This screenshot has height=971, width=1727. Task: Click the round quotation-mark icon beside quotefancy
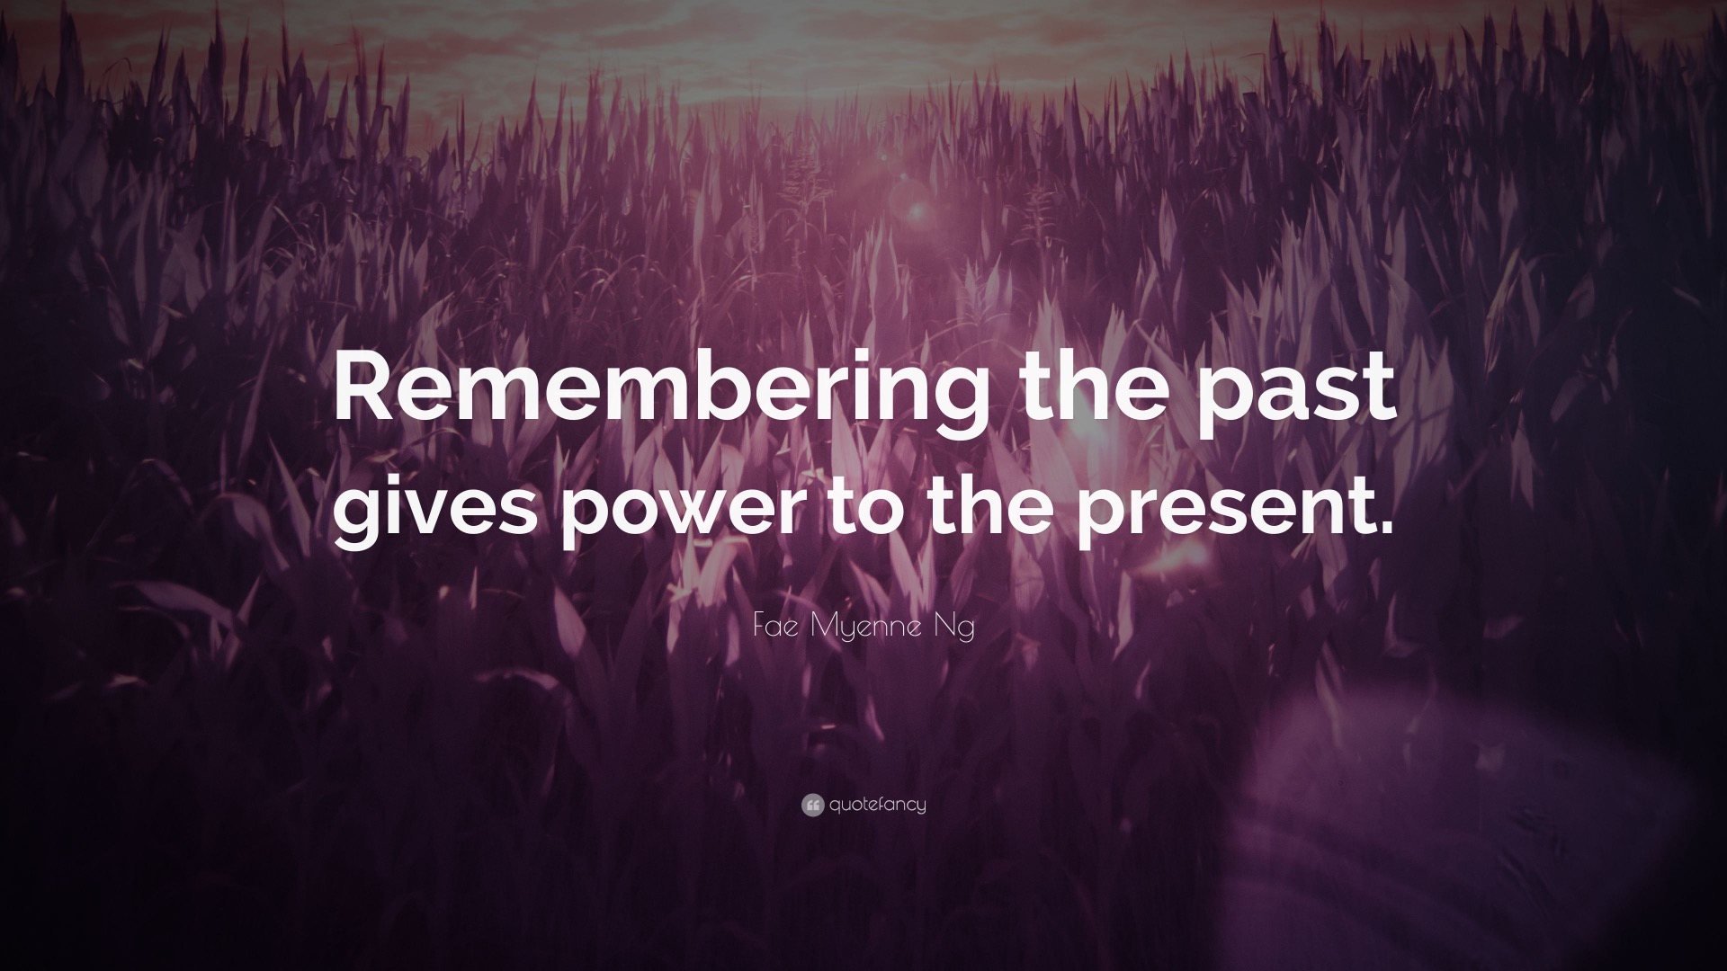click(x=812, y=806)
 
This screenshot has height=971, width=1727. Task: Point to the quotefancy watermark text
click(x=877, y=806)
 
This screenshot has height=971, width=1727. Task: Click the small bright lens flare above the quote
click(x=917, y=212)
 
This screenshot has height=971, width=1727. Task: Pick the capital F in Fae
click(x=759, y=628)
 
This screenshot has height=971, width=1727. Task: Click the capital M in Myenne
click(x=824, y=628)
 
